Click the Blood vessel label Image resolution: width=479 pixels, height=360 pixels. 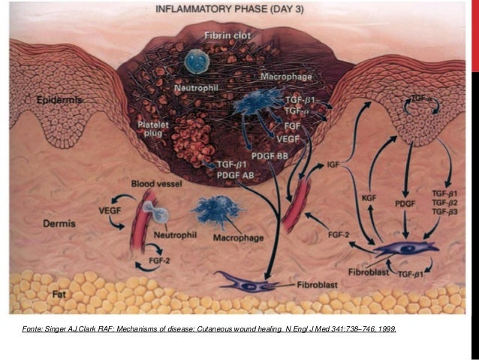click(154, 183)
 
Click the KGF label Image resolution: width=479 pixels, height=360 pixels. click(369, 196)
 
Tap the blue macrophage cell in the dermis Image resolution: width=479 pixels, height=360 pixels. click(216, 209)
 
